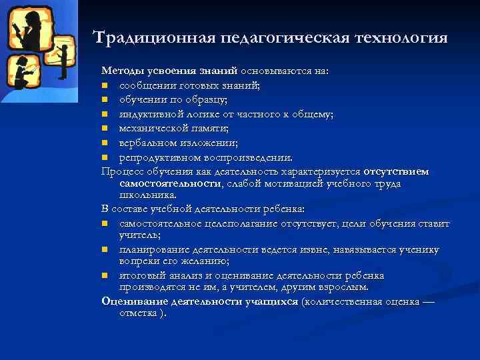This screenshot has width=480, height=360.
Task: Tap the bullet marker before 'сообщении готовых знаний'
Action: (x=105, y=85)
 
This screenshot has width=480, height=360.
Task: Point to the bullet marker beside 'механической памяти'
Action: (x=105, y=128)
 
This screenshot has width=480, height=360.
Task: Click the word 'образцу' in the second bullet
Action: (x=207, y=99)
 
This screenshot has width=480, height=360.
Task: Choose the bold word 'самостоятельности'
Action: (x=170, y=183)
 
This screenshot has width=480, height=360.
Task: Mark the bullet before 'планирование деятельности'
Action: (x=105, y=250)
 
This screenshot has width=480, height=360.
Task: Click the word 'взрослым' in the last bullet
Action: (x=339, y=287)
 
